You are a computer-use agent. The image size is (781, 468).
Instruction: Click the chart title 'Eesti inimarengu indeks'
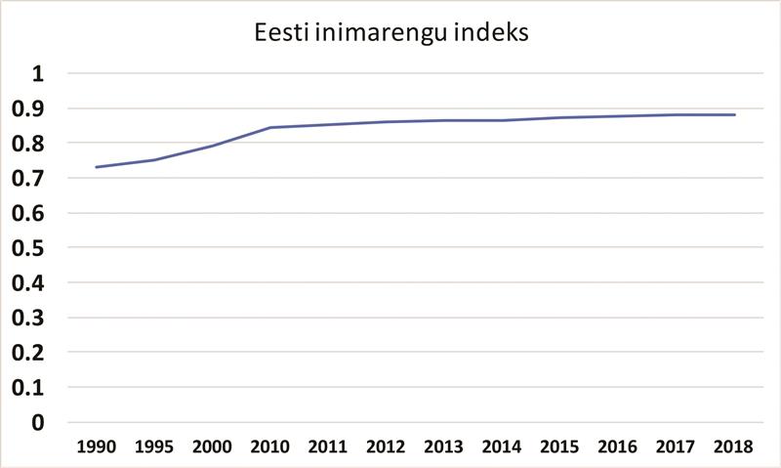(390, 35)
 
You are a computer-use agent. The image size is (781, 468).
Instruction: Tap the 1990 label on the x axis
(97, 447)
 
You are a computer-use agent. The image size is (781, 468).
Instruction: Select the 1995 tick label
(154, 447)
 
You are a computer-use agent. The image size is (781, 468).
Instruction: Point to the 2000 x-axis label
(213, 447)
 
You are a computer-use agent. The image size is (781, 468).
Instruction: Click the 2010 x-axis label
(270, 447)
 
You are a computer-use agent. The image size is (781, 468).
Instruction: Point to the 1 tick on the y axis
(39, 73)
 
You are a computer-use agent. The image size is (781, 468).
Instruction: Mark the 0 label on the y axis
(39, 422)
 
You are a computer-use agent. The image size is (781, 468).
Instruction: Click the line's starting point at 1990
(97, 167)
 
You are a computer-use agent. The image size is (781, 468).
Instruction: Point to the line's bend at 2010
(270, 127)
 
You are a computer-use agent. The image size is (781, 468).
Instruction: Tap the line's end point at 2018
(734, 114)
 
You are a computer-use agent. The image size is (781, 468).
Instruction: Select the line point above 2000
(213, 146)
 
